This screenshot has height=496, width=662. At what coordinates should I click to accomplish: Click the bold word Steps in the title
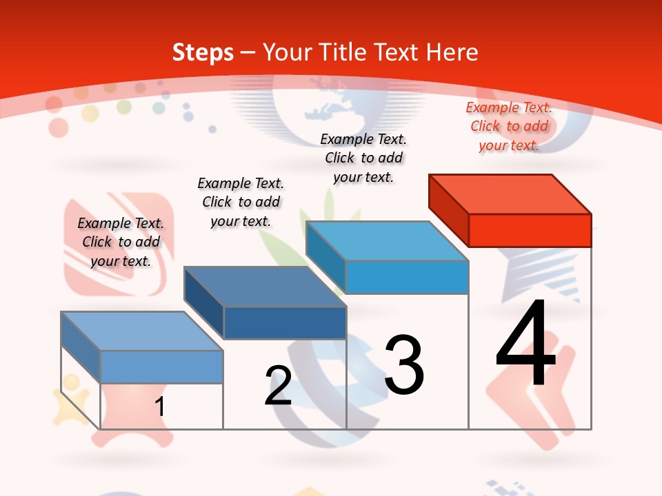click(203, 52)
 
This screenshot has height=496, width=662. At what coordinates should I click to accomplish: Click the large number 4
click(526, 344)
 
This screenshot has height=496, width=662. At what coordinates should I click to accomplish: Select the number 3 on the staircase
click(404, 365)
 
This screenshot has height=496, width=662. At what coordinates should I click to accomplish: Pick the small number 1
click(160, 406)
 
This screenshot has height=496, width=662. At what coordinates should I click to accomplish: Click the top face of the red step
click(510, 194)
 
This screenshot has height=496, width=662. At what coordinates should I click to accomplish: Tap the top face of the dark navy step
click(265, 286)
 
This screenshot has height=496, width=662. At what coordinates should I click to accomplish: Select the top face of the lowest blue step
click(142, 331)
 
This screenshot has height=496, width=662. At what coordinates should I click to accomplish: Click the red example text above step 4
click(509, 126)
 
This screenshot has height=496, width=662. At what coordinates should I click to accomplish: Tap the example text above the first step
click(121, 242)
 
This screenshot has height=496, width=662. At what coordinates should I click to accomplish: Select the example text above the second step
click(241, 202)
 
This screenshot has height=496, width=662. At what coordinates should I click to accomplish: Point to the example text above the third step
click(363, 158)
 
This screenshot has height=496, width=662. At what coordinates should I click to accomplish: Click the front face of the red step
click(530, 230)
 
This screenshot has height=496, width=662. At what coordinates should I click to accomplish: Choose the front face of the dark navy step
click(285, 322)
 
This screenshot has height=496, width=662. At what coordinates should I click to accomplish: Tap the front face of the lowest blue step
click(161, 366)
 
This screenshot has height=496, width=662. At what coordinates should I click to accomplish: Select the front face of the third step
click(407, 277)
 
